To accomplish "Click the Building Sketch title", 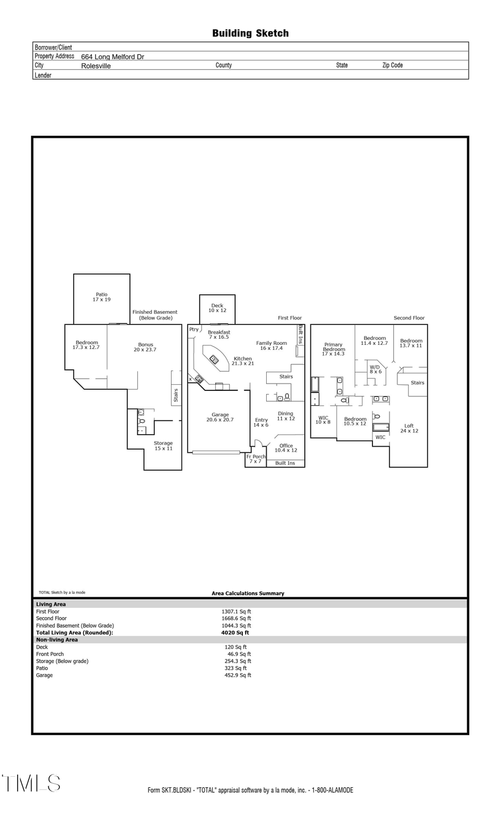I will click(250, 33).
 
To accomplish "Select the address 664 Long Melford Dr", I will click(112, 56).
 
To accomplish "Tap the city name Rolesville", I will click(96, 66).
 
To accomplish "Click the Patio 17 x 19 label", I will click(101, 297).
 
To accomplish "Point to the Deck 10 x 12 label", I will click(217, 308).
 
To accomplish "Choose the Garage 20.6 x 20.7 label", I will click(220, 417).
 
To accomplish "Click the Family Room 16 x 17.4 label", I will click(271, 345).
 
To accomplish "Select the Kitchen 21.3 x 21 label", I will click(242, 361).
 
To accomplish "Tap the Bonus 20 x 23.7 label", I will click(145, 347).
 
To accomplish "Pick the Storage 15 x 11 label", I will click(163, 446).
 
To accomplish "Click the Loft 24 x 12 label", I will click(409, 428).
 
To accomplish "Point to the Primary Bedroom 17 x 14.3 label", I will click(333, 349).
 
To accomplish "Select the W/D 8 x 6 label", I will click(375, 369).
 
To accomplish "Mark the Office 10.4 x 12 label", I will click(286, 448).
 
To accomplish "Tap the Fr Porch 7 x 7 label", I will click(256, 459).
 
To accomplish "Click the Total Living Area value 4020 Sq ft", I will click(235, 633).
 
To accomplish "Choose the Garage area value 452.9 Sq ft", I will click(237, 675).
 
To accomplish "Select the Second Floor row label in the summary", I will click(51, 618).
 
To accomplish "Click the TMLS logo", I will click(31, 783).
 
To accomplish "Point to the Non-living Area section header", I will click(57, 640).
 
